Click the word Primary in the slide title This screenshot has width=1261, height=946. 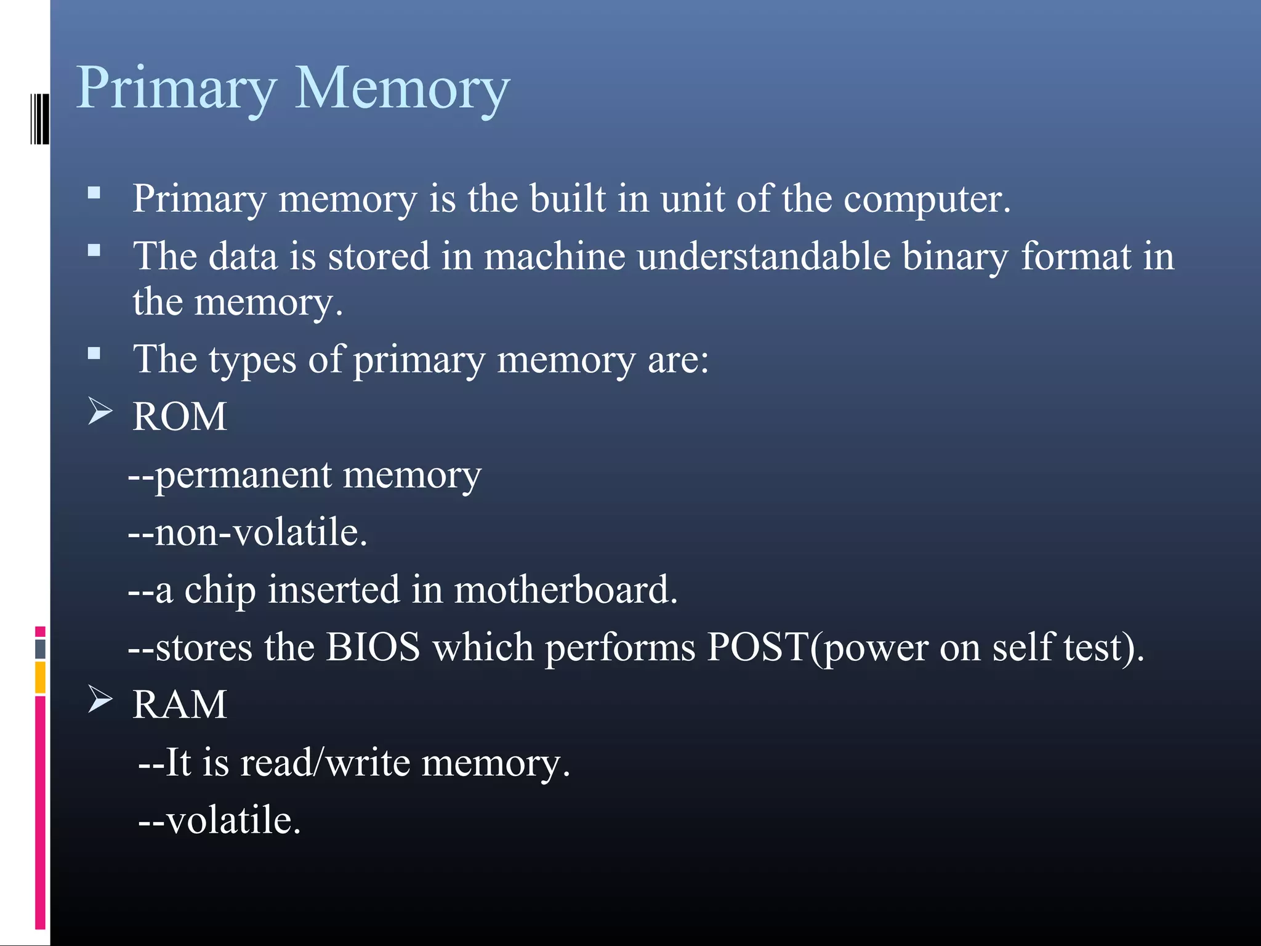pos(176,89)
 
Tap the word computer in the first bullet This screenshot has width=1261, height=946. pos(926,200)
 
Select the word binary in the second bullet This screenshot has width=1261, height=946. pos(954,256)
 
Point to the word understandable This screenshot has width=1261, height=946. pos(763,256)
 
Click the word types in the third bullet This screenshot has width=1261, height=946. pos(252,360)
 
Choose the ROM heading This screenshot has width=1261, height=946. pos(180,417)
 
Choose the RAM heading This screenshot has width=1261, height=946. pos(180,705)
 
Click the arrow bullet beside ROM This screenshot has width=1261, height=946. pos(100,411)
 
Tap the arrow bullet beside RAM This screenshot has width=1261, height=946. pos(100,699)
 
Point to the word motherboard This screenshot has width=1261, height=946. pos(565,590)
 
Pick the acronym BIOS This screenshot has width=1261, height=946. pos(373,647)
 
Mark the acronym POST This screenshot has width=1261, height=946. pos(757,647)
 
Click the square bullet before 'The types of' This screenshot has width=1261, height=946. pos(94,354)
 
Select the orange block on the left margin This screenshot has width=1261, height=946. pos(40,677)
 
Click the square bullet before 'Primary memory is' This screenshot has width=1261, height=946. pos(94,193)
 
